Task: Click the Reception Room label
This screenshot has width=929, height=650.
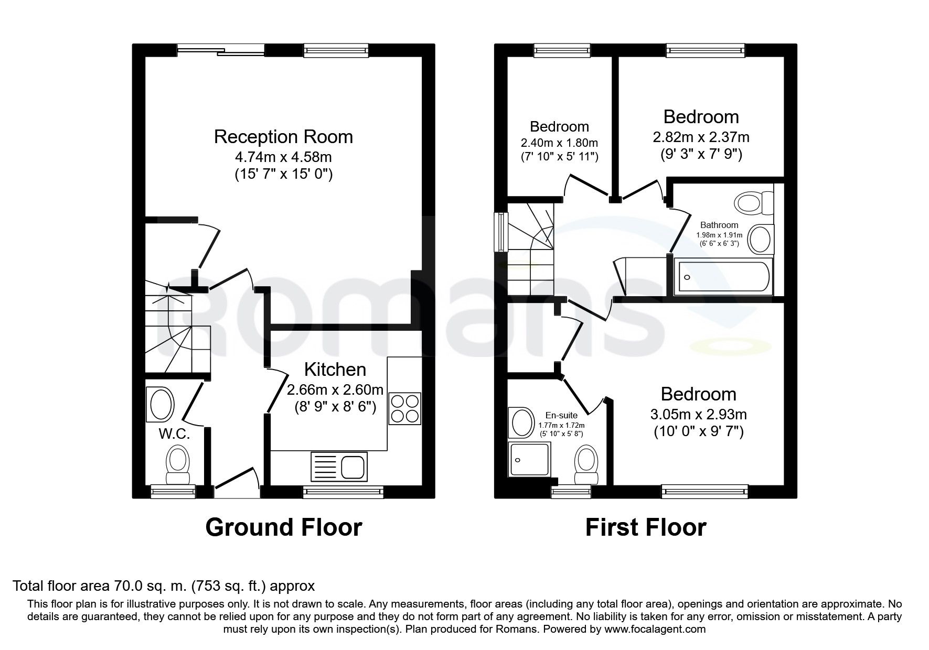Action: [283, 137]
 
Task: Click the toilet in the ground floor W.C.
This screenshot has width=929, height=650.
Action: [177, 464]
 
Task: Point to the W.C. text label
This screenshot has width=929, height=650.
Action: [174, 434]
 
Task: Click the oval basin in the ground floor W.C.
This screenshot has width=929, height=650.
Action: [162, 405]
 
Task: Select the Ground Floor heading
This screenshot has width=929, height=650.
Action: [283, 527]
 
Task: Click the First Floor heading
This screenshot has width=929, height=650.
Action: [645, 527]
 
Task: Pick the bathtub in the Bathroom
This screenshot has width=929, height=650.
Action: [724, 277]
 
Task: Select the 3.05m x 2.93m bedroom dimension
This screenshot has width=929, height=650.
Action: [698, 415]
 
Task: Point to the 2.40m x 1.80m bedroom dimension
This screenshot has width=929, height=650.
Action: [559, 143]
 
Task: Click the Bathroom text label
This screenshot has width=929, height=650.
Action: [719, 225]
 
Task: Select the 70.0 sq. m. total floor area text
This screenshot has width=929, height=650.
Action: [164, 586]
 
